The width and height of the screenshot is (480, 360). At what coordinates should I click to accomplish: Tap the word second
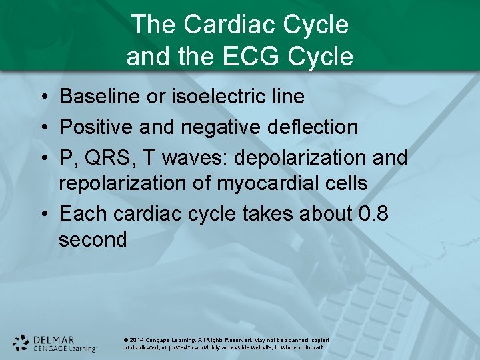(x=92, y=239)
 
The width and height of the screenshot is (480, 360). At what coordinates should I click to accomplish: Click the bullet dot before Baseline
(x=42, y=97)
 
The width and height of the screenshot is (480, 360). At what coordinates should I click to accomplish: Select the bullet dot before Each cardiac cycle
(x=42, y=214)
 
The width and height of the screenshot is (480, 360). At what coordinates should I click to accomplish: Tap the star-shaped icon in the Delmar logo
(x=21, y=343)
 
